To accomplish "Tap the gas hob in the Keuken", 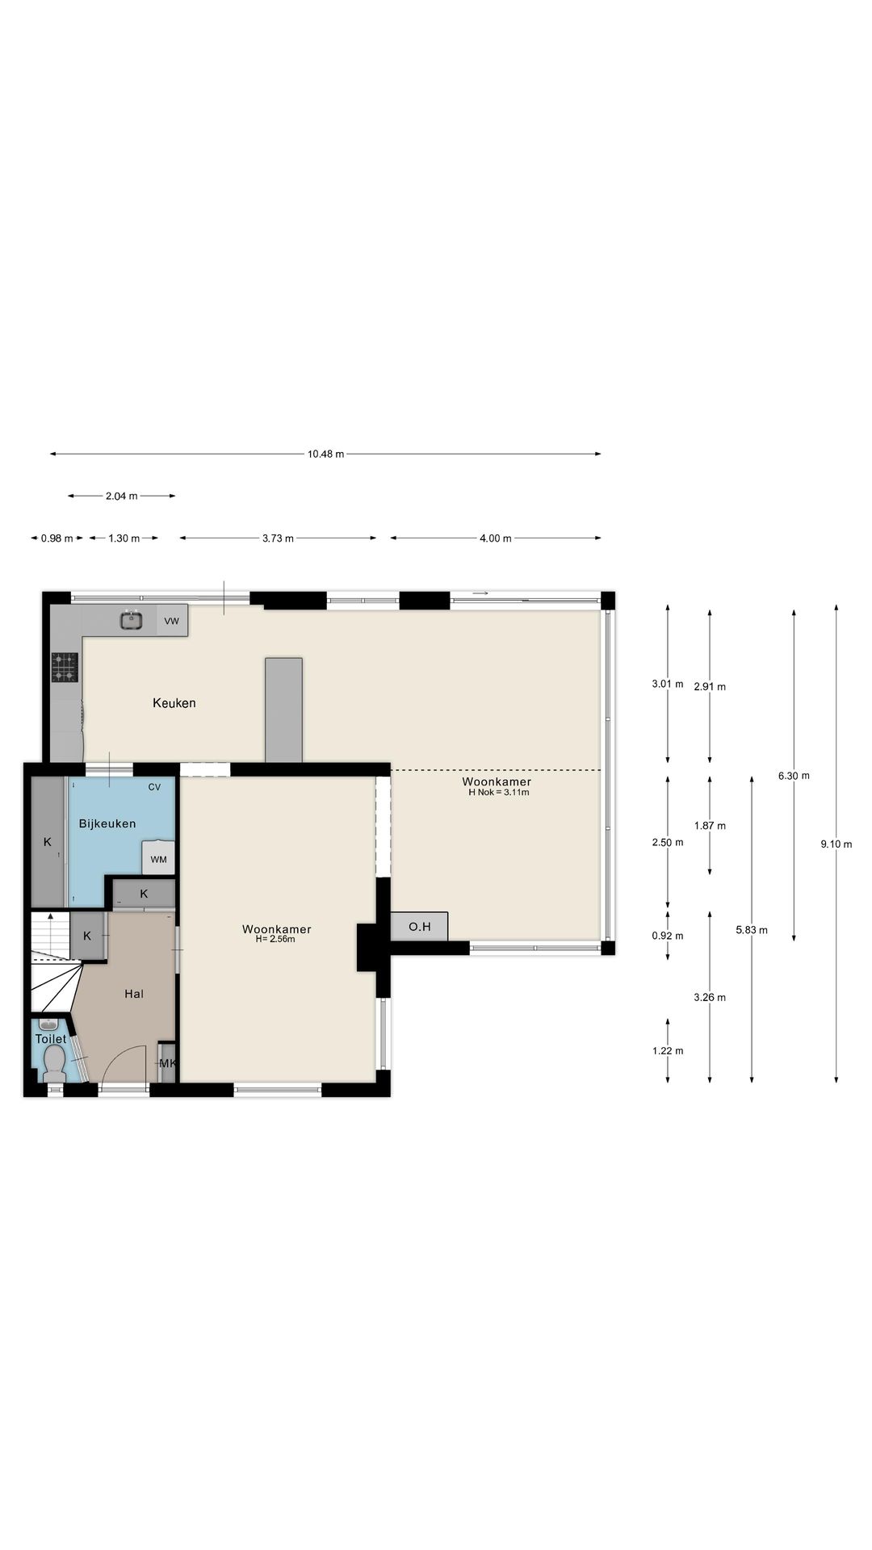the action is click(x=65, y=667).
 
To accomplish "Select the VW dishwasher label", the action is click(x=171, y=621).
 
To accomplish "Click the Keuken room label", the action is click(x=174, y=703).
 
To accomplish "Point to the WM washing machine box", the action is click(x=158, y=858).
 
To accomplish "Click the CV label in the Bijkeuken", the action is click(x=154, y=787).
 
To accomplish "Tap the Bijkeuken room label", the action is click(x=107, y=823).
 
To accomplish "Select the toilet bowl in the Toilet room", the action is click(x=55, y=1062).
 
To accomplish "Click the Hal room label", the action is click(x=134, y=994).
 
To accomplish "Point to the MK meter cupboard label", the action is click(x=167, y=1063).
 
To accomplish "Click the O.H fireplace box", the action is click(x=419, y=926).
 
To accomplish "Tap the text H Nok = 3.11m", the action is click(x=498, y=792).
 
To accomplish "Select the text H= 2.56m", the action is click(x=275, y=939).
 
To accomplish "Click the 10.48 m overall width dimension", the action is click(x=325, y=454).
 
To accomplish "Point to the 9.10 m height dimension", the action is click(x=836, y=844).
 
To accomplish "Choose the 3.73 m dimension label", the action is click(x=278, y=538).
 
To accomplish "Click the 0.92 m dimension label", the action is click(x=668, y=936).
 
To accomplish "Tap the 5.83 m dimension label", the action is click(x=752, y=930).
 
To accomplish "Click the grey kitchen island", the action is click(x=284, y=710).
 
